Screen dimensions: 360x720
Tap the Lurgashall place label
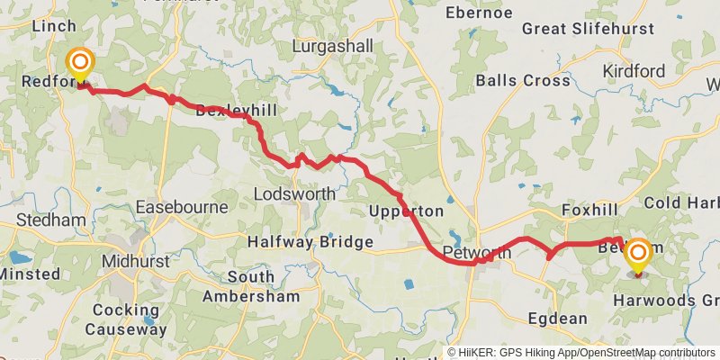(332, 45)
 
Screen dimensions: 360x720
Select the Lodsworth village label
(294, 193)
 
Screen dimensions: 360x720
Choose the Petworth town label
(477, 253)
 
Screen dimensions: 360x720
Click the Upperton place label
(407, 211)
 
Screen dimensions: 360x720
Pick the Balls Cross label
(523, 80)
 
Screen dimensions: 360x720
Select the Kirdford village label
(634, 71)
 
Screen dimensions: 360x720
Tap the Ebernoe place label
(479, 13)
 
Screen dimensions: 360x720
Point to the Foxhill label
(586, 211)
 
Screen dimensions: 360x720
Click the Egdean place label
(558, 318)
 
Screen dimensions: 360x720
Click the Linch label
(54, 26)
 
